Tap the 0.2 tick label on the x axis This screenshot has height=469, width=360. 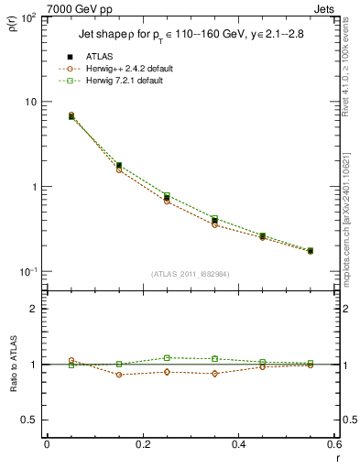142,444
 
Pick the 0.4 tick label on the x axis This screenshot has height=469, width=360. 238,444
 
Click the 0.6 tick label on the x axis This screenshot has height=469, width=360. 333,444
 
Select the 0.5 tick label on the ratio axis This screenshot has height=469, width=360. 31,420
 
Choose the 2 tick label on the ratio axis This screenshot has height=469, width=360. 35,309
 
